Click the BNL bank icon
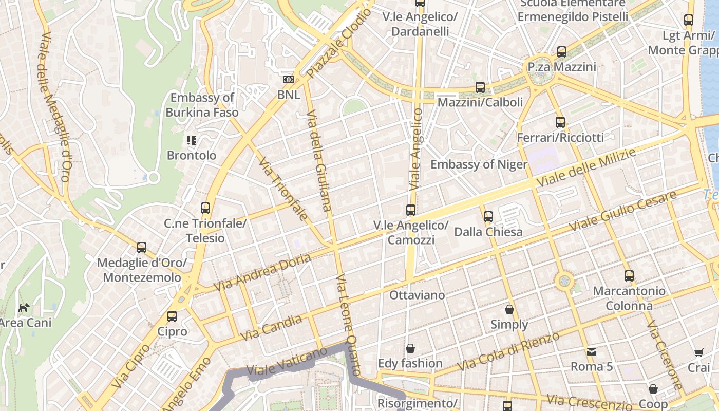click(289, 80)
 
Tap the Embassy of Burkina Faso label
click(202, 105)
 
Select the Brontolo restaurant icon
click(192, 140)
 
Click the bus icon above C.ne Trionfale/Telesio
click(205, 208)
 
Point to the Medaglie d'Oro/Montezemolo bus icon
click(142, 248)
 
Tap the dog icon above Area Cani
click(24, 308)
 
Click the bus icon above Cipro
click(172, 316)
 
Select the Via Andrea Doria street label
click(262, 272)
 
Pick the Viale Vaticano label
click(287, 362)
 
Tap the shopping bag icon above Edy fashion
click(410, 348)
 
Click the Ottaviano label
click(417, 295)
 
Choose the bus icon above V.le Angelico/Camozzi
click(411, 210)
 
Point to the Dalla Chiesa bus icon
click(488, 217)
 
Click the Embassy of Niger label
click(479, 164)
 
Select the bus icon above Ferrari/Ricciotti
click(560, 122)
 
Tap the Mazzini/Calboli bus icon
click(480, 87)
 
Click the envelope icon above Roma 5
click(592, 352)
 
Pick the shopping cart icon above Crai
click(698, 353)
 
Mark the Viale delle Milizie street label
click(585, 168)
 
